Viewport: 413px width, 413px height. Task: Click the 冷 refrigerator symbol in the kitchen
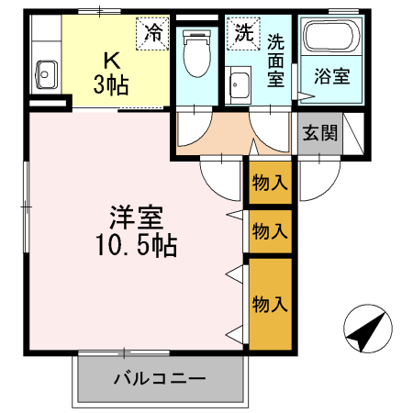click(x=153, y=34)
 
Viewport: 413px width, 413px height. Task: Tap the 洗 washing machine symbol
click(x=241, y=34)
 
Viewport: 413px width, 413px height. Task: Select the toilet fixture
click(x=195, y=54)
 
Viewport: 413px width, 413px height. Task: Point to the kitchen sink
click(x=46, y=72)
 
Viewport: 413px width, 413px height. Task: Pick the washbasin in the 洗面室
click(x=241, y=86)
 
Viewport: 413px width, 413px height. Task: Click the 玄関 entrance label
click(x=320, y=133)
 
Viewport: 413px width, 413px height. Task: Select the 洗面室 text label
click(x=276, y=60)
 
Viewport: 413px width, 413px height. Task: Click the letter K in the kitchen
click(x=112, y=61)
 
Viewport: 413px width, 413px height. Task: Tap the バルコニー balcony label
click(x=161, y=377)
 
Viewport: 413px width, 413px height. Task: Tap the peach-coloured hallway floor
click(x=229, y=138)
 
